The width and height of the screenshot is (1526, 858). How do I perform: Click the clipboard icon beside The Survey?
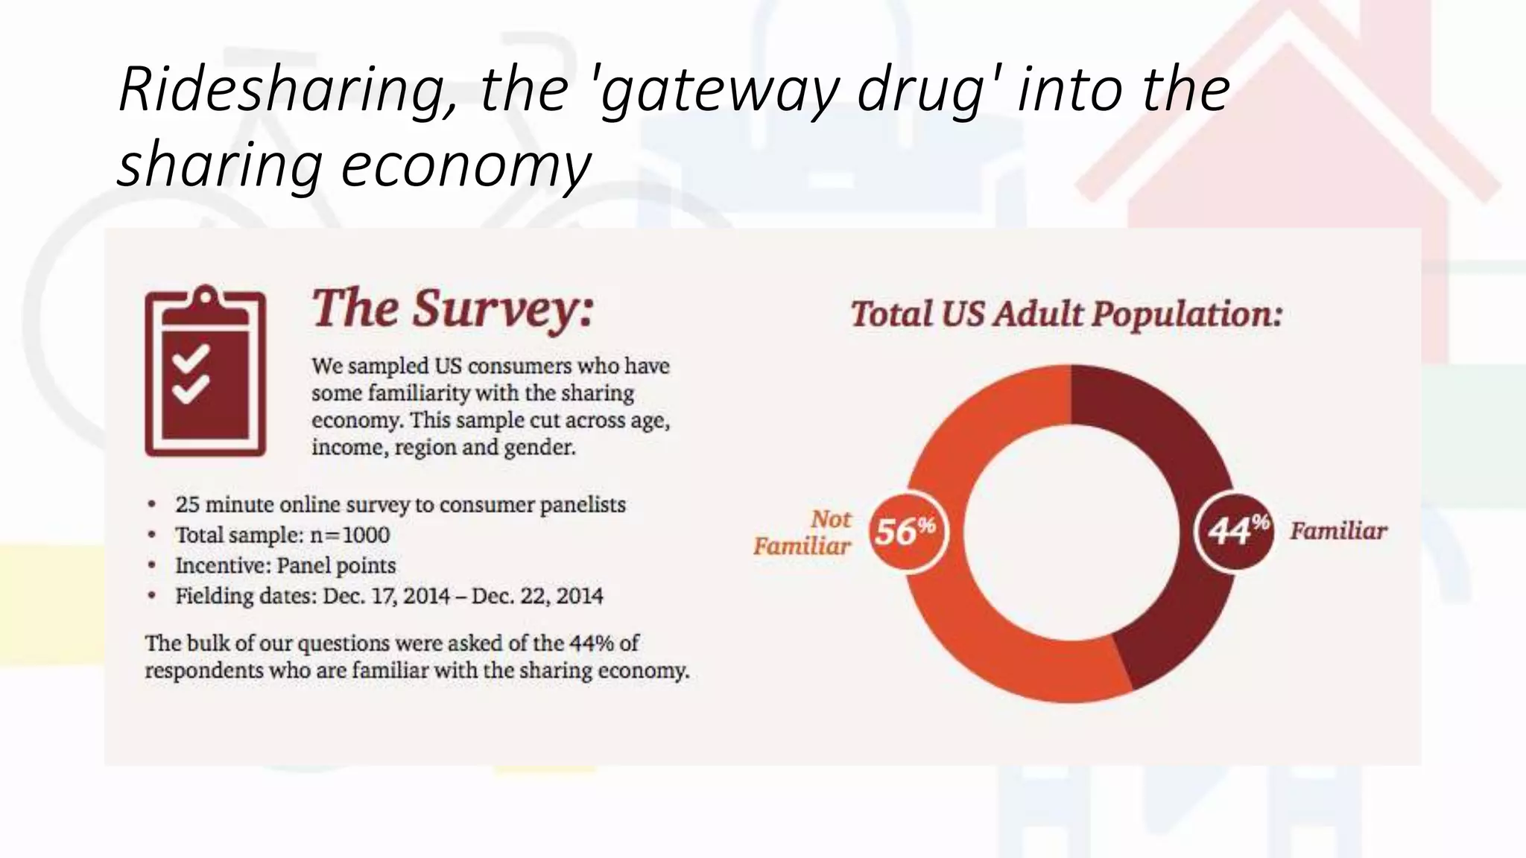click(205, 371)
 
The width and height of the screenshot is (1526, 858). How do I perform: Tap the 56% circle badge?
click(907, 532)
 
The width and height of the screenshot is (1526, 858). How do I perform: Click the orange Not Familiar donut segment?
click(969, 633)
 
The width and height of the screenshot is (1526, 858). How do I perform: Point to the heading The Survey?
click(452, 308)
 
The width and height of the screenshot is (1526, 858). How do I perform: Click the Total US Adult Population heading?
click(1066, 314)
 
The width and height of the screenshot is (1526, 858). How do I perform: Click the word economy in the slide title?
click(466, 165)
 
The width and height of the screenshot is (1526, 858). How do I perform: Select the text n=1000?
click(349, 536)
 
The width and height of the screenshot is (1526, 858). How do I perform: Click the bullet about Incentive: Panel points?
click(285, 566)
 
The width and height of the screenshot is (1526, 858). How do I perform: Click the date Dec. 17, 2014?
click(386, 597)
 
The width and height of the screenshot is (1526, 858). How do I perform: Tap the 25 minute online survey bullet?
click(400, 505)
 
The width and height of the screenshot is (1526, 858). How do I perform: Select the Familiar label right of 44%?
click(1338, 532)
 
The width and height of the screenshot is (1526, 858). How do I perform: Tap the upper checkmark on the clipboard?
click(191, 358)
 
